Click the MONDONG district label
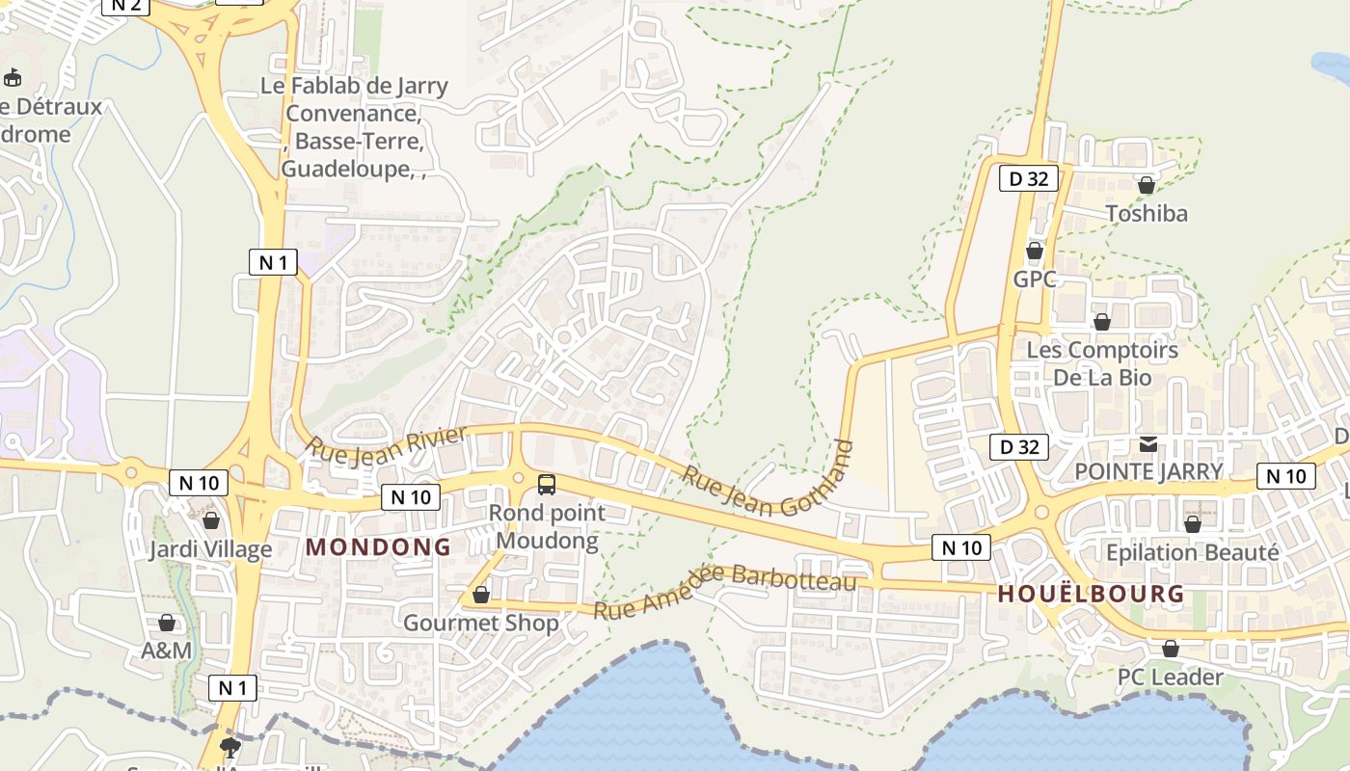tap(378, 546)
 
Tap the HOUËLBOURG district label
tap(1091, 594)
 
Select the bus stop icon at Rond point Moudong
tap(547, 484)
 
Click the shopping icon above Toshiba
tap(1147, 184)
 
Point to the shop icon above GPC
tap(1035, 252)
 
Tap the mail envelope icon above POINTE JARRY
tap(1148, 444)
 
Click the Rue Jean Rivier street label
tap(387, 442)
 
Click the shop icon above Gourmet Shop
tap(481, 595)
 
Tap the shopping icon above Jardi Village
tap(211, 520)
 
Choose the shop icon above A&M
tap(167, 623)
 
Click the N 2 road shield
tap(125, 5)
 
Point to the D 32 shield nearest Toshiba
tap(1028, 178)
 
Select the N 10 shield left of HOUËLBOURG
tap(961, 548)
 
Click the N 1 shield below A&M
tap(232, 687)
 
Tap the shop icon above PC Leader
tap(1170, 649)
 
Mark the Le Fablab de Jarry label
tap(354, 86)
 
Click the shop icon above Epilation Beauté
tap(1193, 524)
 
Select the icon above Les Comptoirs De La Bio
tap(1102, 322)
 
